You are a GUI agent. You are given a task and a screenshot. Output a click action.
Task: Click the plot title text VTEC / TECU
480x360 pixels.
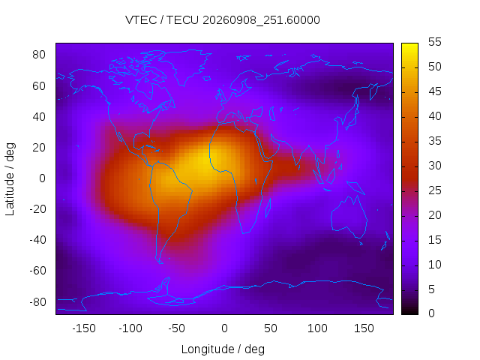[x=162, y=20]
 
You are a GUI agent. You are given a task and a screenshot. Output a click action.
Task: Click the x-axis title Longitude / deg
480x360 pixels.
[x=223, y=349]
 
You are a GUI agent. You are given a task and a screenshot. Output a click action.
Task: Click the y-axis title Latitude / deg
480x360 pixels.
[x=10, y=179]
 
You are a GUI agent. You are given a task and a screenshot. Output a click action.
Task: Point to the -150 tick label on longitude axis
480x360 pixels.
[x=84, y=328]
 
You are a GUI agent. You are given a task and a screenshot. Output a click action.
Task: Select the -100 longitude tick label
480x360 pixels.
[x=130, y=328]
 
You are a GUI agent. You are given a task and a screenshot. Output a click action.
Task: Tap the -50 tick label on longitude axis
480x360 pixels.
[x=177, y=328]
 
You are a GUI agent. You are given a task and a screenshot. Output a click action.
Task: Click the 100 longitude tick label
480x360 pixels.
[x=317, y=328]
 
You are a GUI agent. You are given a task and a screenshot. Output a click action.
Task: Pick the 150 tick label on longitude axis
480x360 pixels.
[x=364, y=328]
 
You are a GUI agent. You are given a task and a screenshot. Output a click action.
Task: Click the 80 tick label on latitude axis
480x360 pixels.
[x=39, y=55]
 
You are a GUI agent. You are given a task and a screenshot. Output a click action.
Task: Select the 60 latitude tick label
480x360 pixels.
[x=39, y=86]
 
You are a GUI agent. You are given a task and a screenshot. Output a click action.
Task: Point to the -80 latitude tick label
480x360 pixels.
[x=37, y=302]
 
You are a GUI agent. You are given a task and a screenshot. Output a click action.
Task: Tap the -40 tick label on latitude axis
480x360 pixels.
[x=37, y=240]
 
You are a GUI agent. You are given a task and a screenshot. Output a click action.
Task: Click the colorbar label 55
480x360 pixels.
[x=435, y=42]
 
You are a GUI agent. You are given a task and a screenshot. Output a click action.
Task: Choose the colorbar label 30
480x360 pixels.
[x=435, y=166]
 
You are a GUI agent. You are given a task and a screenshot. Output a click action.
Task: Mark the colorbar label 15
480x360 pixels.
[x=435, y=240]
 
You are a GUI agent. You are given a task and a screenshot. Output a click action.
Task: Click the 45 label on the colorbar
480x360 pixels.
[x=435, y=91]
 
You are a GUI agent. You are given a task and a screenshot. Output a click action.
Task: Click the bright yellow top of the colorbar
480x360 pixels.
[x=409, y=46]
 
